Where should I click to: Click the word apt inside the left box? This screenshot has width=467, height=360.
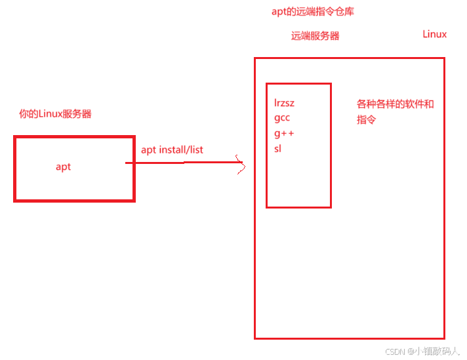(x=63, y=167)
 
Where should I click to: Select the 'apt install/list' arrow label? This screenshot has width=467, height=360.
(x=172, y=150)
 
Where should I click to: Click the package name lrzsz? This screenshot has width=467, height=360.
(x=285, y=103)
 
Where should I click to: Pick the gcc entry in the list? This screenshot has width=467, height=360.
(x=282, y=118)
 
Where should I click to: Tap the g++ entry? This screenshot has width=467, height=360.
(x=284, y=133)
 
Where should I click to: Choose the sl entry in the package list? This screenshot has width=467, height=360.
(x=277, y=148)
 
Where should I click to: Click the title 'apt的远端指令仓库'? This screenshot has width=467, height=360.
(x=313, y=12)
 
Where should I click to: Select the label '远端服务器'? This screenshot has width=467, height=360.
(x=315, y=36)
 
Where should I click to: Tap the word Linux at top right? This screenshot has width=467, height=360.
(x=434, y=34)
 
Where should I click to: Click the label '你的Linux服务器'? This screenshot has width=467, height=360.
(x=55, y=113)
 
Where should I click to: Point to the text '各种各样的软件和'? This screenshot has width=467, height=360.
(x=395, y=104)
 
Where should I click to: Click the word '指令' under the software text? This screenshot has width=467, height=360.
(x=366, y=120)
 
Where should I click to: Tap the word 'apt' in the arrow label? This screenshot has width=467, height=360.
(x=148, y=150)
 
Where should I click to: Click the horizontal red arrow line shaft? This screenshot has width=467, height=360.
(x=184, y=163)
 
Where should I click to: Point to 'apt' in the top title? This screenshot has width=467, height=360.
(x=279, y=12)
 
